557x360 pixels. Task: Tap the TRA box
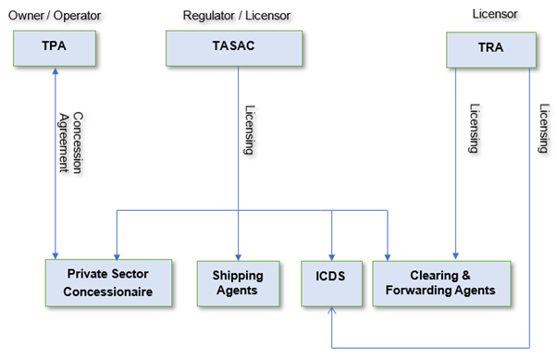click(489, 47)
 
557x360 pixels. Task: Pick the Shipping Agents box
click(238, 283)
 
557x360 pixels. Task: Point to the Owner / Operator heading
click(54, 15)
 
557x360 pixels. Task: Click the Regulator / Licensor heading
click(233, 15)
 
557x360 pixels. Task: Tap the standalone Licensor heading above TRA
click(489, 15)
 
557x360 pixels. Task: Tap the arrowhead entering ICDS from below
click(332, 312)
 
